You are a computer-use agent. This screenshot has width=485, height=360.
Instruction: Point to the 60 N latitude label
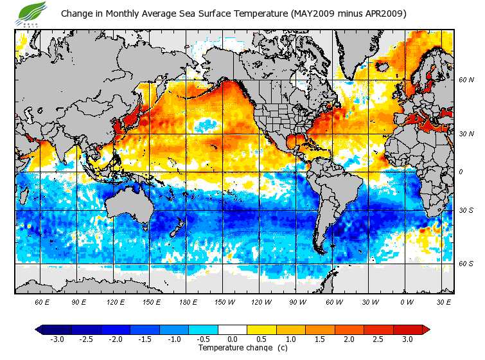click(x=466, y=80)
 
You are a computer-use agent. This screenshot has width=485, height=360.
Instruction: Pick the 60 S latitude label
click(x=466, y=264)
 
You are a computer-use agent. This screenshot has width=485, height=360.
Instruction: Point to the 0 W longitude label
click(x=407, y=301)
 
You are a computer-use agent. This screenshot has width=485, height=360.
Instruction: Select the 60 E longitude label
click(x=42, y=301)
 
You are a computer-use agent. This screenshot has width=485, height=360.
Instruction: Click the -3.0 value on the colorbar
click(x=57, y=339)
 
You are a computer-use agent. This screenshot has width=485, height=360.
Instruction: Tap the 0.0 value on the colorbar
click(x=233, y=339)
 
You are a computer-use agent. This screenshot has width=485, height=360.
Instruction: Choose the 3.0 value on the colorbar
click(x=408, y=339)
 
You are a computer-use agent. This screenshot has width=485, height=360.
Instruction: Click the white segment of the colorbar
click(x=233, y=330)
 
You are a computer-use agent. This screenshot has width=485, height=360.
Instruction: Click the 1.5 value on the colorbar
click(x=320, y=339)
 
